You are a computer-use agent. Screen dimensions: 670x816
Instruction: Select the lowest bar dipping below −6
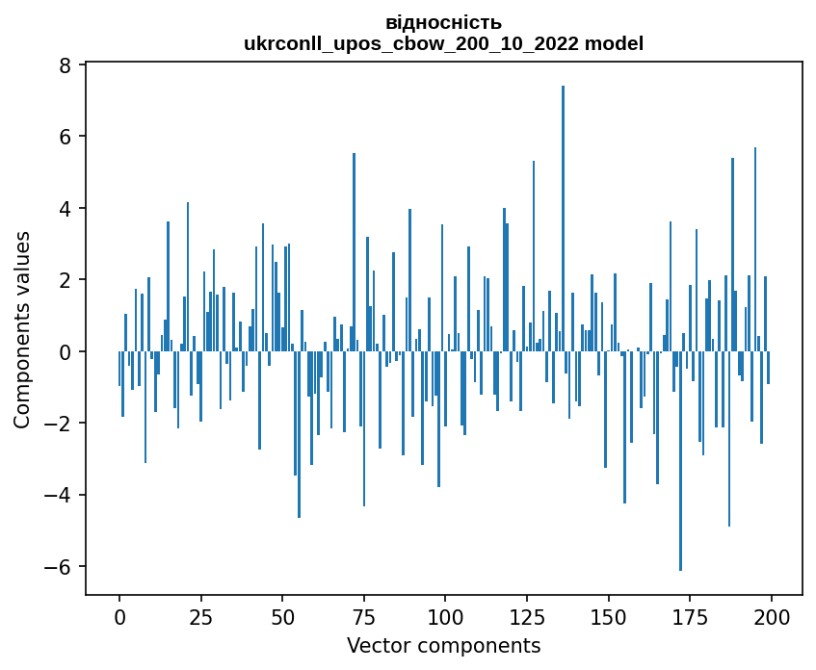680,461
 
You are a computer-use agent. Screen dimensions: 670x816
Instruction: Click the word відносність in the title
443,22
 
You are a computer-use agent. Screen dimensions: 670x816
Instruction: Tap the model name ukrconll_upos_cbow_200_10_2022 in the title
411,43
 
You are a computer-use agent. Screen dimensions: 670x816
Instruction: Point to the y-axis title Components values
21,329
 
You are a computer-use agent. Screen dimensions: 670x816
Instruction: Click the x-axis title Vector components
443,645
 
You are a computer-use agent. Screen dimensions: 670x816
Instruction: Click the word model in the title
617,43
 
